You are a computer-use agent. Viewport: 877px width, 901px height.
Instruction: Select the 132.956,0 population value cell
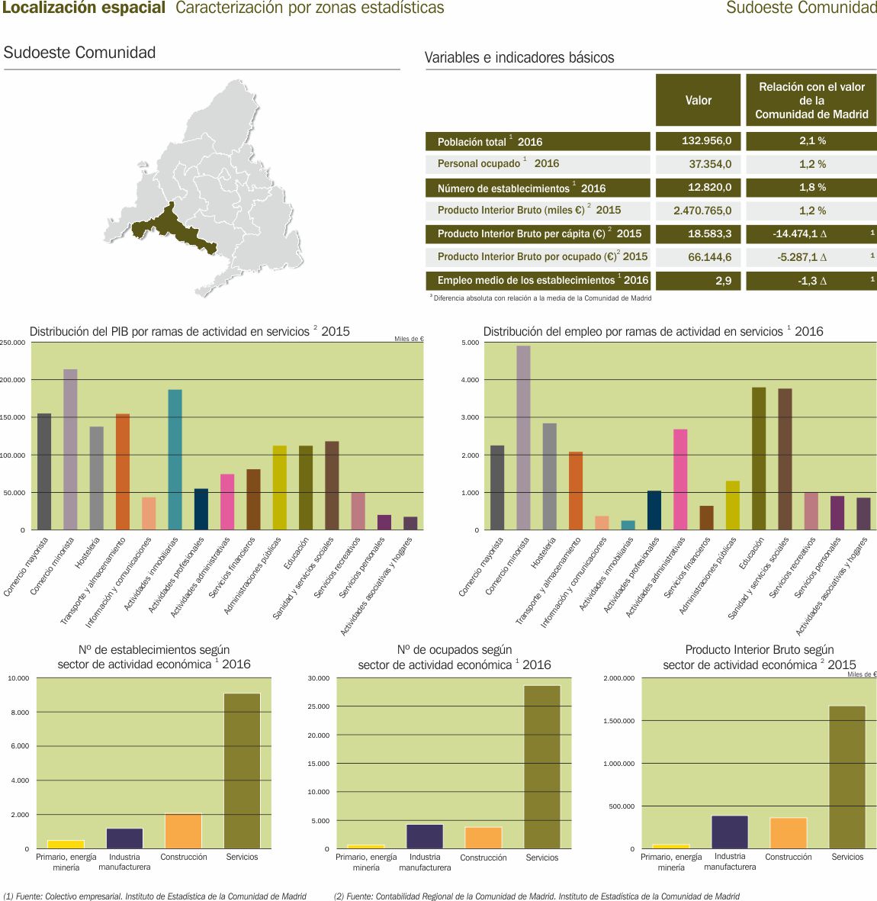698,141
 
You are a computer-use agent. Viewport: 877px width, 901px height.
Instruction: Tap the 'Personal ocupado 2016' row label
498,164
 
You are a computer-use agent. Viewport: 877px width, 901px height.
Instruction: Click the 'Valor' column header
698,100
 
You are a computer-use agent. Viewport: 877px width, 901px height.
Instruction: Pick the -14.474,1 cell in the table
811,234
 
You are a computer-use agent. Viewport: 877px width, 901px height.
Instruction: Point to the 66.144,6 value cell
698,257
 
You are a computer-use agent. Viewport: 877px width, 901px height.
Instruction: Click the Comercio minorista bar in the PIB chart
70,449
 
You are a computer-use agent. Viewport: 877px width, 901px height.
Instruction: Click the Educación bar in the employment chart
759,458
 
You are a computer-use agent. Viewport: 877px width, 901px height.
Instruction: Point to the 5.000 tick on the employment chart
471,343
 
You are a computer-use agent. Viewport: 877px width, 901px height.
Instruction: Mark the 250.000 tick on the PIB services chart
13,343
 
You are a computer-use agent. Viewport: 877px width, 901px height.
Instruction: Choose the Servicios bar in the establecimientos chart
242,771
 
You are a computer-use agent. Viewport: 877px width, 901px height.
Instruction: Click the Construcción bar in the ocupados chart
483,838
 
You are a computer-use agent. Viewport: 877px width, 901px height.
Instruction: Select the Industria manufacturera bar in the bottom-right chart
730,832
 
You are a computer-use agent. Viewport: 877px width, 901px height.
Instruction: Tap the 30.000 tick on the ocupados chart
319,678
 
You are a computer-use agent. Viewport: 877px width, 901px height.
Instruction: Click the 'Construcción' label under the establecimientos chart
184,857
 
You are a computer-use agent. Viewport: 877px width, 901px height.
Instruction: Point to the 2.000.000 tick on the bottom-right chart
618,678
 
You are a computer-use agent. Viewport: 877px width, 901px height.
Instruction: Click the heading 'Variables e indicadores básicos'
519,58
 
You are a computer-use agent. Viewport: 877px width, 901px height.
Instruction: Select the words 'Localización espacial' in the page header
84,8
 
